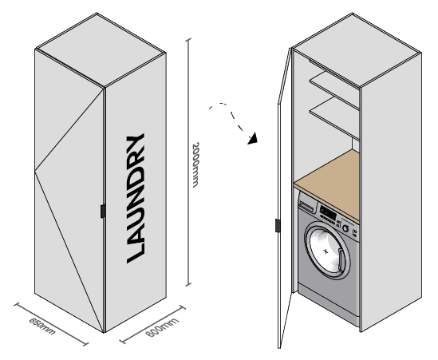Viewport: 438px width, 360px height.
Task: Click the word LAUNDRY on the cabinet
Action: [x=136, y=198]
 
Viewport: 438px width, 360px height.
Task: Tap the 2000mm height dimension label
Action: [x=195, y=164]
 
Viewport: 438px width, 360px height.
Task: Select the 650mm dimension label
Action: [x=42, y=326]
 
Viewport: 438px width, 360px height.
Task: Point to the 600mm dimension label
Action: [x=162, y=327]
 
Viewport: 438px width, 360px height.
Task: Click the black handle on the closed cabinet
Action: [x=103, y=211]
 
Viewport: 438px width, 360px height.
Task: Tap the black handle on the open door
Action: [x=278, y=226]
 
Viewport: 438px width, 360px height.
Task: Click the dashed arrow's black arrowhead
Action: [x=253, y=139]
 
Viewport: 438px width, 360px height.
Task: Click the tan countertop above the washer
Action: [x=326, y=185]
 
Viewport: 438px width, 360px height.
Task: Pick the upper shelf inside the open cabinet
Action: [x=333, y=90]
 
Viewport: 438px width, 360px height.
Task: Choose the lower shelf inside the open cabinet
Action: [x=334, y=118]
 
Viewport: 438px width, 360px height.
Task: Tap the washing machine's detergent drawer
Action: [x=307, y=207]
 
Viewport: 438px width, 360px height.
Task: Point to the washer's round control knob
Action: [x=345, y=228]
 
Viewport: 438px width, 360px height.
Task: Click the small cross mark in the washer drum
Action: [x=326, y=251]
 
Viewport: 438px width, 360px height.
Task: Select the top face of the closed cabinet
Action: [x=101, y=49]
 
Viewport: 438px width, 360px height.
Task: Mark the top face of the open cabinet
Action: [x=357, y=49]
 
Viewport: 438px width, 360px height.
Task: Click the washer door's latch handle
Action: [x=341, y=260]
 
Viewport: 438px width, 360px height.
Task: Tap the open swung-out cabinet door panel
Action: [x=284, y=199]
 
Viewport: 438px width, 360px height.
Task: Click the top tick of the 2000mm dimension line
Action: [x=188, y=39]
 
